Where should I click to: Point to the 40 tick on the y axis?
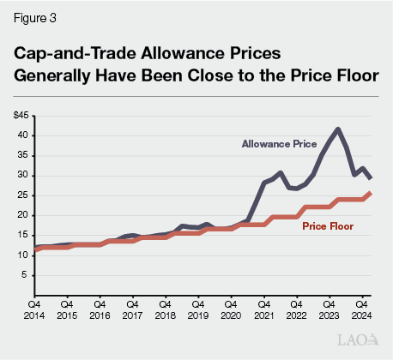click(23, 135)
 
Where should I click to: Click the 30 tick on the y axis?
click(23, 175)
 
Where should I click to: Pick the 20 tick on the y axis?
click(23, 215)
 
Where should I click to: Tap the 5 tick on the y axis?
click(26, 275)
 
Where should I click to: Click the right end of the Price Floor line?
click(370, 193)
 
